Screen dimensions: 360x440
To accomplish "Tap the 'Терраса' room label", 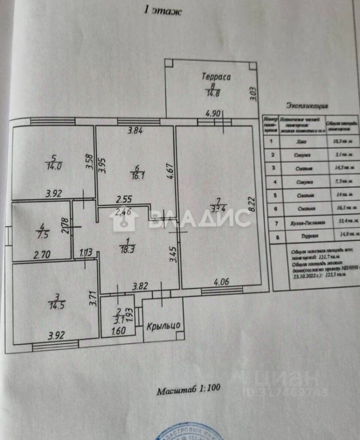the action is (216, 77).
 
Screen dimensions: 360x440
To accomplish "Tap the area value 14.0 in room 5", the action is (54, 166).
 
